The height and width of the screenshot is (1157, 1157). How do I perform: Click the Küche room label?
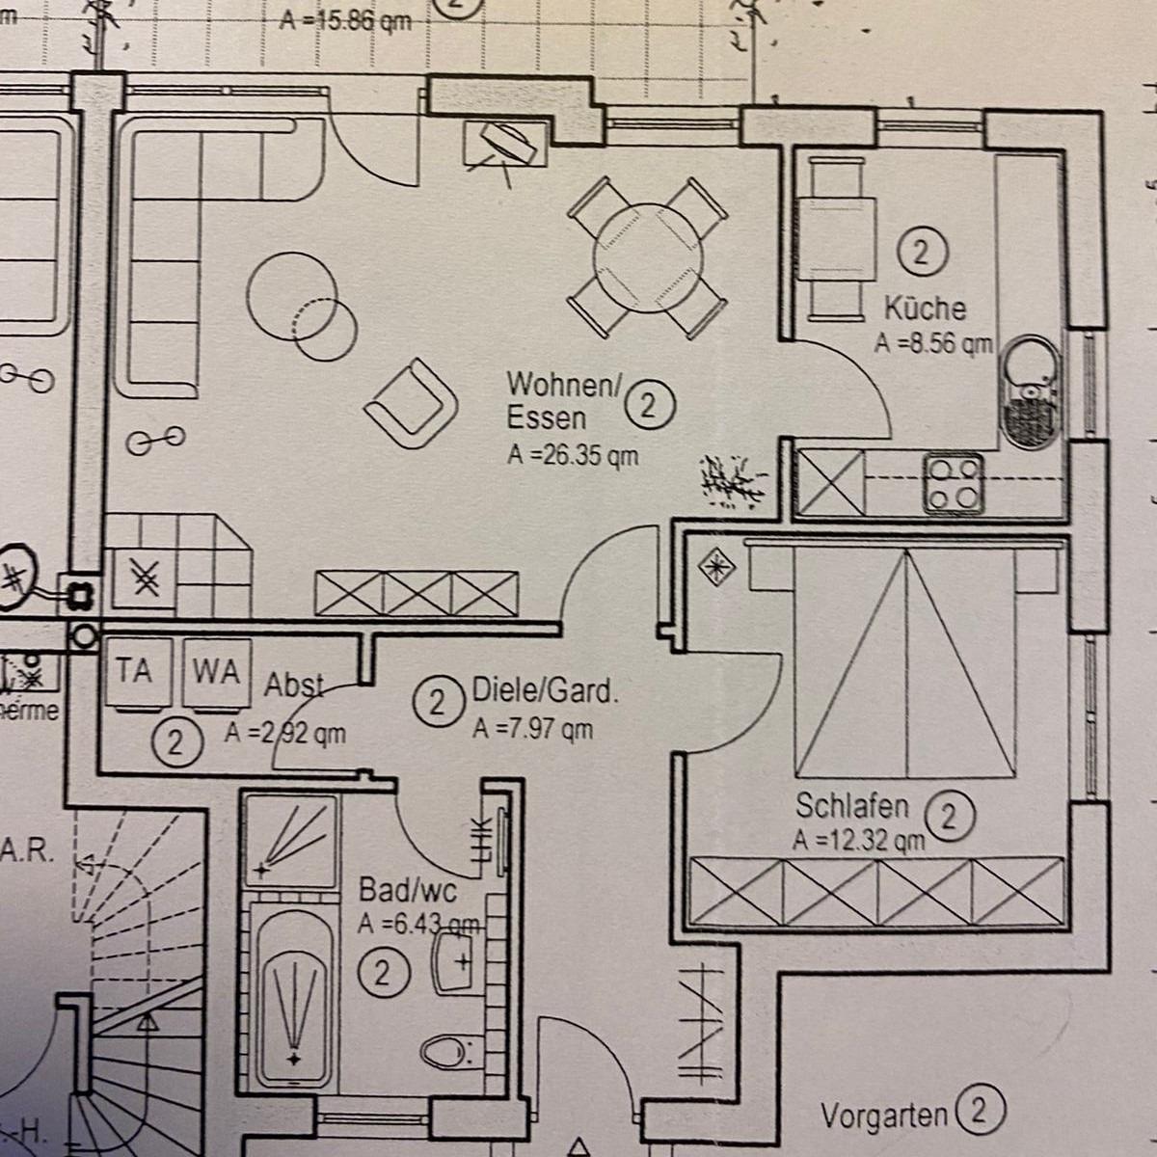point(925,309)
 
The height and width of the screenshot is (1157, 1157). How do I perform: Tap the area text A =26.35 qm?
point(573,455)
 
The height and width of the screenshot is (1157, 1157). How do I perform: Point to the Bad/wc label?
point(407,888)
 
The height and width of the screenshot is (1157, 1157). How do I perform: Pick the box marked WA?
point(216,672)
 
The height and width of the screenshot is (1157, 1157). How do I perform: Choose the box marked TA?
point(135,671)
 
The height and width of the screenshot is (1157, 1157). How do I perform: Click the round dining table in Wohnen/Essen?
point(647,256)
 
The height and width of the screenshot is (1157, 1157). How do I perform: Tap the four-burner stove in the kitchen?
point(955,483)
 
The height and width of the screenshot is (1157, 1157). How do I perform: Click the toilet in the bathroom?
point(448,1050)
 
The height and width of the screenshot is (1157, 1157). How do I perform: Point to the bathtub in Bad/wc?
point(293,998)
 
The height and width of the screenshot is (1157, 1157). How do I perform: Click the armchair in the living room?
point(412,403)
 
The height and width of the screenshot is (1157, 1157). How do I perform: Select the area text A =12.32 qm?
point(858,841)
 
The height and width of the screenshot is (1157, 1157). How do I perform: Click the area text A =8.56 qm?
point(932,342)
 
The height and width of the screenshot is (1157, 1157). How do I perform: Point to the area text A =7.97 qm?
point(532,730)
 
